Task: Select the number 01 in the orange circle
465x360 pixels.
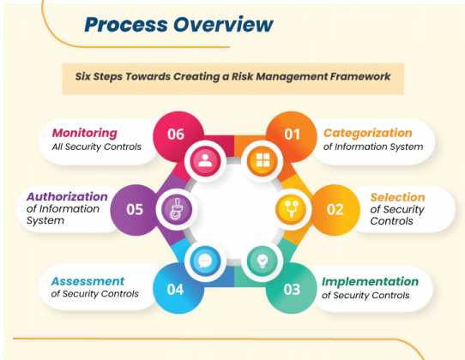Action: pos(293,135)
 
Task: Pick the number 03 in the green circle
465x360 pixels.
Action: pos(293,289)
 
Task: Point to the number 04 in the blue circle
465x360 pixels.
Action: pos(175,289)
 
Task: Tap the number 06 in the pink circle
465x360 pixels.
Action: pos(175,135)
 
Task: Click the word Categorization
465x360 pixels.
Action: pos(367,133)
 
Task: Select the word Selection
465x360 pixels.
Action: pos(397,197)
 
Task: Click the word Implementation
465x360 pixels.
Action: pos(370,281)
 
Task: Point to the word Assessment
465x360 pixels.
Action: pos(88,281)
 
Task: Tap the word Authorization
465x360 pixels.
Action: pos(67,196)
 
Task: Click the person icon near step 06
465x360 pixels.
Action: pos(203,159)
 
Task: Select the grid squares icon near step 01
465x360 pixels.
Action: pos(258,159)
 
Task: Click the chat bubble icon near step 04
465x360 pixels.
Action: pos(204,258)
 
